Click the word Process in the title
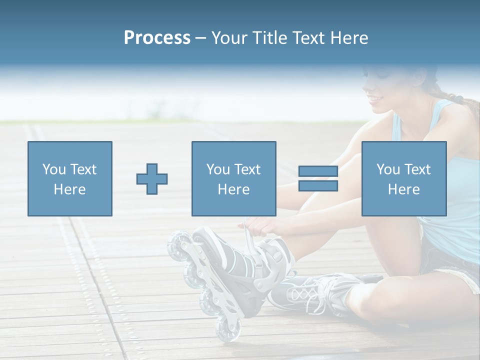pos(157,38)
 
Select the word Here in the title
pos(349,38)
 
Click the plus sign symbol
pos(152,178)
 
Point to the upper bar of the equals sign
pos(318,171)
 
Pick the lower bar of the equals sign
pos(318,186)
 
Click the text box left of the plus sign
pos(70,178)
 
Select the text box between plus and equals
pos(233,178)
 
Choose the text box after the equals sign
pos(403,178)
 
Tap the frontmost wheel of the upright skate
pos(228,330)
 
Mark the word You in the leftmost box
pos(53,169)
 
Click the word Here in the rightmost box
pos(403,189)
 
